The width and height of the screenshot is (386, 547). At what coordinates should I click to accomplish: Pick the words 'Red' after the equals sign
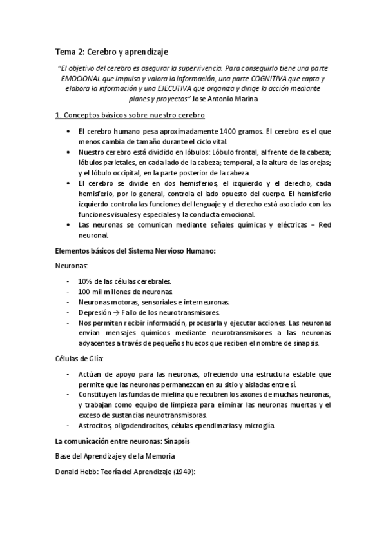[325, 225]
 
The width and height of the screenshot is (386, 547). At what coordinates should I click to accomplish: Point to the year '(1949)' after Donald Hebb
[182, 472]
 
